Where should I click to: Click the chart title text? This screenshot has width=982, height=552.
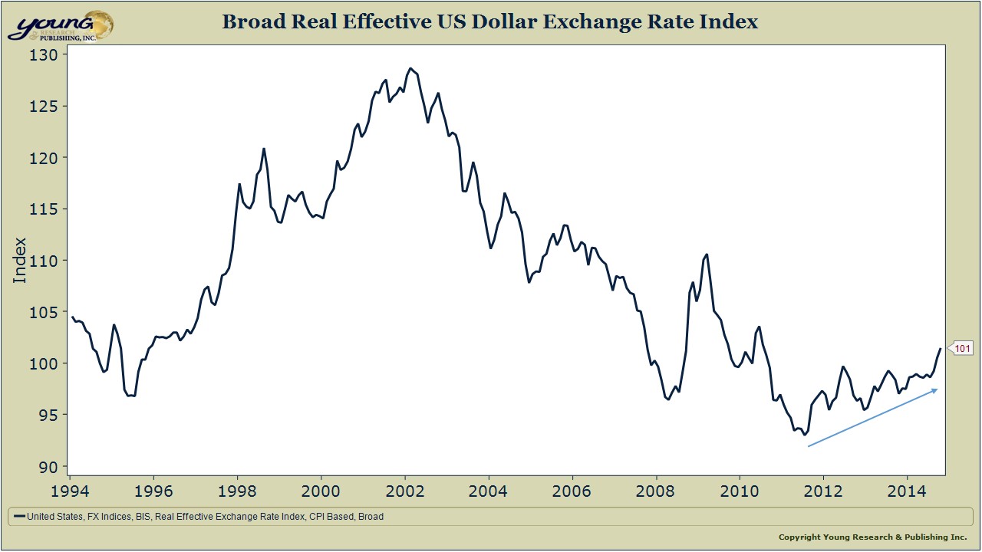tap(489, 21)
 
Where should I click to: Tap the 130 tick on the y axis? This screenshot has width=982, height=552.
tap(44, 55)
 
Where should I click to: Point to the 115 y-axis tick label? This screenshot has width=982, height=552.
tap(44, 209)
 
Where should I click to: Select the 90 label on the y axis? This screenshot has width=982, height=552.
tap(48, 466)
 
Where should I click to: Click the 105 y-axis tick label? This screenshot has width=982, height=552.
tap(44, 312)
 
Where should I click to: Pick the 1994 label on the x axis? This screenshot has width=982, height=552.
tap(70, 489)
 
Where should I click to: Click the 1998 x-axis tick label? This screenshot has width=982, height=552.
tap(237, 489)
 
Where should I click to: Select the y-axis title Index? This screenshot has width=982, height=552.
tap(20, 260)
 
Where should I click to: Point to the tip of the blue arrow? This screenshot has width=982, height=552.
tap(938, 389)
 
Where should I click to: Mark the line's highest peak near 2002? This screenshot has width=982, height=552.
tap(410, 68)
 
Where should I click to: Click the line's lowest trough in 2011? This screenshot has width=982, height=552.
tap(804, 434)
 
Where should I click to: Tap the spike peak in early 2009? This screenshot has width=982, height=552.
tap(707, 254)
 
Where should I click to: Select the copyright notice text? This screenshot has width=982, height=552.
tap(872, 537)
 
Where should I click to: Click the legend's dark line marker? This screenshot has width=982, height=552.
tap(19, 517)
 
